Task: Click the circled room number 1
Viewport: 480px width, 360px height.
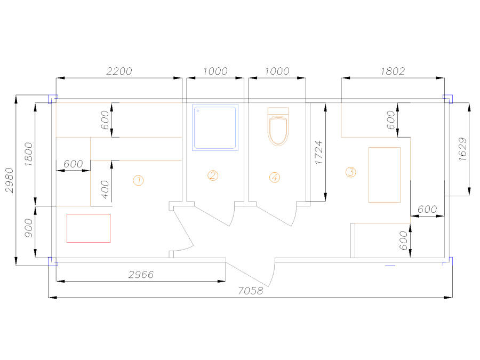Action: [138, 180]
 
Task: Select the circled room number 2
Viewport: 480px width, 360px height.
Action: [213, 175]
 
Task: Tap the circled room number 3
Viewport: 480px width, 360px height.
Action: [351, 172]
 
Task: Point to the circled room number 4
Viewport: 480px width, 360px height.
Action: [275, 177]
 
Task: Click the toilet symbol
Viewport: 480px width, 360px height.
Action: [278, 126]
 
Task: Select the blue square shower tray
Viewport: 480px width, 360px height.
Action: [215, 127]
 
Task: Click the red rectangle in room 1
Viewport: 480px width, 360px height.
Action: [89, 228]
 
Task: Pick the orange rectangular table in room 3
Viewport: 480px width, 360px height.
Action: [385, 175]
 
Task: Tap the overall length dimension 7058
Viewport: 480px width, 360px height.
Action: [251, 291]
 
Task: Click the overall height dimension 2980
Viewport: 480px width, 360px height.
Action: [10, 180]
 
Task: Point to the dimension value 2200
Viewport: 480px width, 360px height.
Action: [119, 71]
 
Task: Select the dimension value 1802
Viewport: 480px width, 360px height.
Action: [393, 71]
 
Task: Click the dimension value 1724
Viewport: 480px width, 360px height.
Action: [319, 153]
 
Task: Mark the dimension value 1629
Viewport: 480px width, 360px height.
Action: [462, 149]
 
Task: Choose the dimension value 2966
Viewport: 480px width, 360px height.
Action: [141, 274]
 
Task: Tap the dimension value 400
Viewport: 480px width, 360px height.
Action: [105, 189]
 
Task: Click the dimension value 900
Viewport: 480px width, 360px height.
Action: [28, 228]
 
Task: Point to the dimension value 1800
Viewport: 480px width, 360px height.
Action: [28, 154]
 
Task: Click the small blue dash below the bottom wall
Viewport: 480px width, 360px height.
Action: [390, 266]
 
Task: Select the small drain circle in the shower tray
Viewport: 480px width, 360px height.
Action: [198, 111]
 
